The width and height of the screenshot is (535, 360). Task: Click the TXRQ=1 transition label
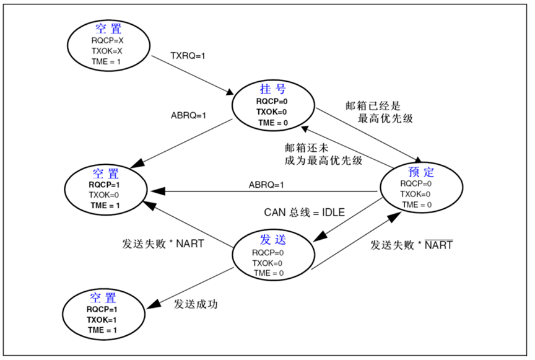point(188,56)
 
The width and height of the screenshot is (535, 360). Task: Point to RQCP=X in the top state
point(107,40)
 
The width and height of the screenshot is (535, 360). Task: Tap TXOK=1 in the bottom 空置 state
point(102,320)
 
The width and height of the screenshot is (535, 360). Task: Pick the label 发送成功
point(196,304)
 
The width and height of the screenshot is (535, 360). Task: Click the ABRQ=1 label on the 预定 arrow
point(266,185)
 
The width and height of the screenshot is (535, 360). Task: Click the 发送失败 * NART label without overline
point(163,244)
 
